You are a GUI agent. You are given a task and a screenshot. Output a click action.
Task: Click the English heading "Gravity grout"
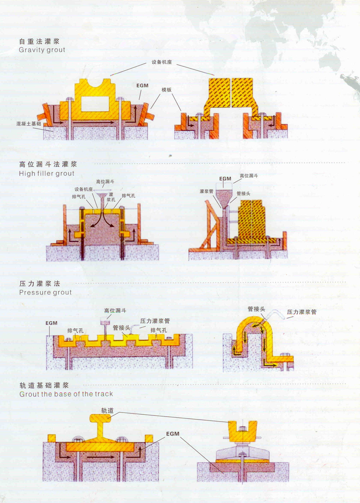(42, 50)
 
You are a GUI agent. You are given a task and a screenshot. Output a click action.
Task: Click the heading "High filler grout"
(47, 173)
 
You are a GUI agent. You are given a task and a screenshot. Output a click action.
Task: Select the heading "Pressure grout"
(45, 293)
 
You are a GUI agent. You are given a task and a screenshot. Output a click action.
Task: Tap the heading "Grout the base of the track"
(66, 394)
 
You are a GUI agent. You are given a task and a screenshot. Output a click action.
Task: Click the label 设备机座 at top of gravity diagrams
(162, 62)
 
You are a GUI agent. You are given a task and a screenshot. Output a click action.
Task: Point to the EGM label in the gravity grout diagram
(142, 85)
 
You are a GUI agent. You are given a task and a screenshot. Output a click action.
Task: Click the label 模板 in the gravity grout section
(166, 90)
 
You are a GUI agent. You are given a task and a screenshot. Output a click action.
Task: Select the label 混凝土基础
(28, 124)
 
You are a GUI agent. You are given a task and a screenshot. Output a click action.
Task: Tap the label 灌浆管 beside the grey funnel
(206, 191)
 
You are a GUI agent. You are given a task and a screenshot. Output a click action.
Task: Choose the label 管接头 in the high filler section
(243, 193)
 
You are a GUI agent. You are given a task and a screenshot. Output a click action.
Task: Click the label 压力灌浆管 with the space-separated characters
(302, 312)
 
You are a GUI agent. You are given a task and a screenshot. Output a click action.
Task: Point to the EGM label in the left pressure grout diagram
(51, 323)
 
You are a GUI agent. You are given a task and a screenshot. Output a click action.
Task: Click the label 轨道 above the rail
(107, 410)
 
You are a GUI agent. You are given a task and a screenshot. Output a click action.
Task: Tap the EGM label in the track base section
(172, 434)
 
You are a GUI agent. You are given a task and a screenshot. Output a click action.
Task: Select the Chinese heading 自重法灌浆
(39, 41)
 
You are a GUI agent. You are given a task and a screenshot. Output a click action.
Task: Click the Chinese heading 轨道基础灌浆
(44, 385)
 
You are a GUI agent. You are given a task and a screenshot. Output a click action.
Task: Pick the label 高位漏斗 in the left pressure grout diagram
(115, 310)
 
